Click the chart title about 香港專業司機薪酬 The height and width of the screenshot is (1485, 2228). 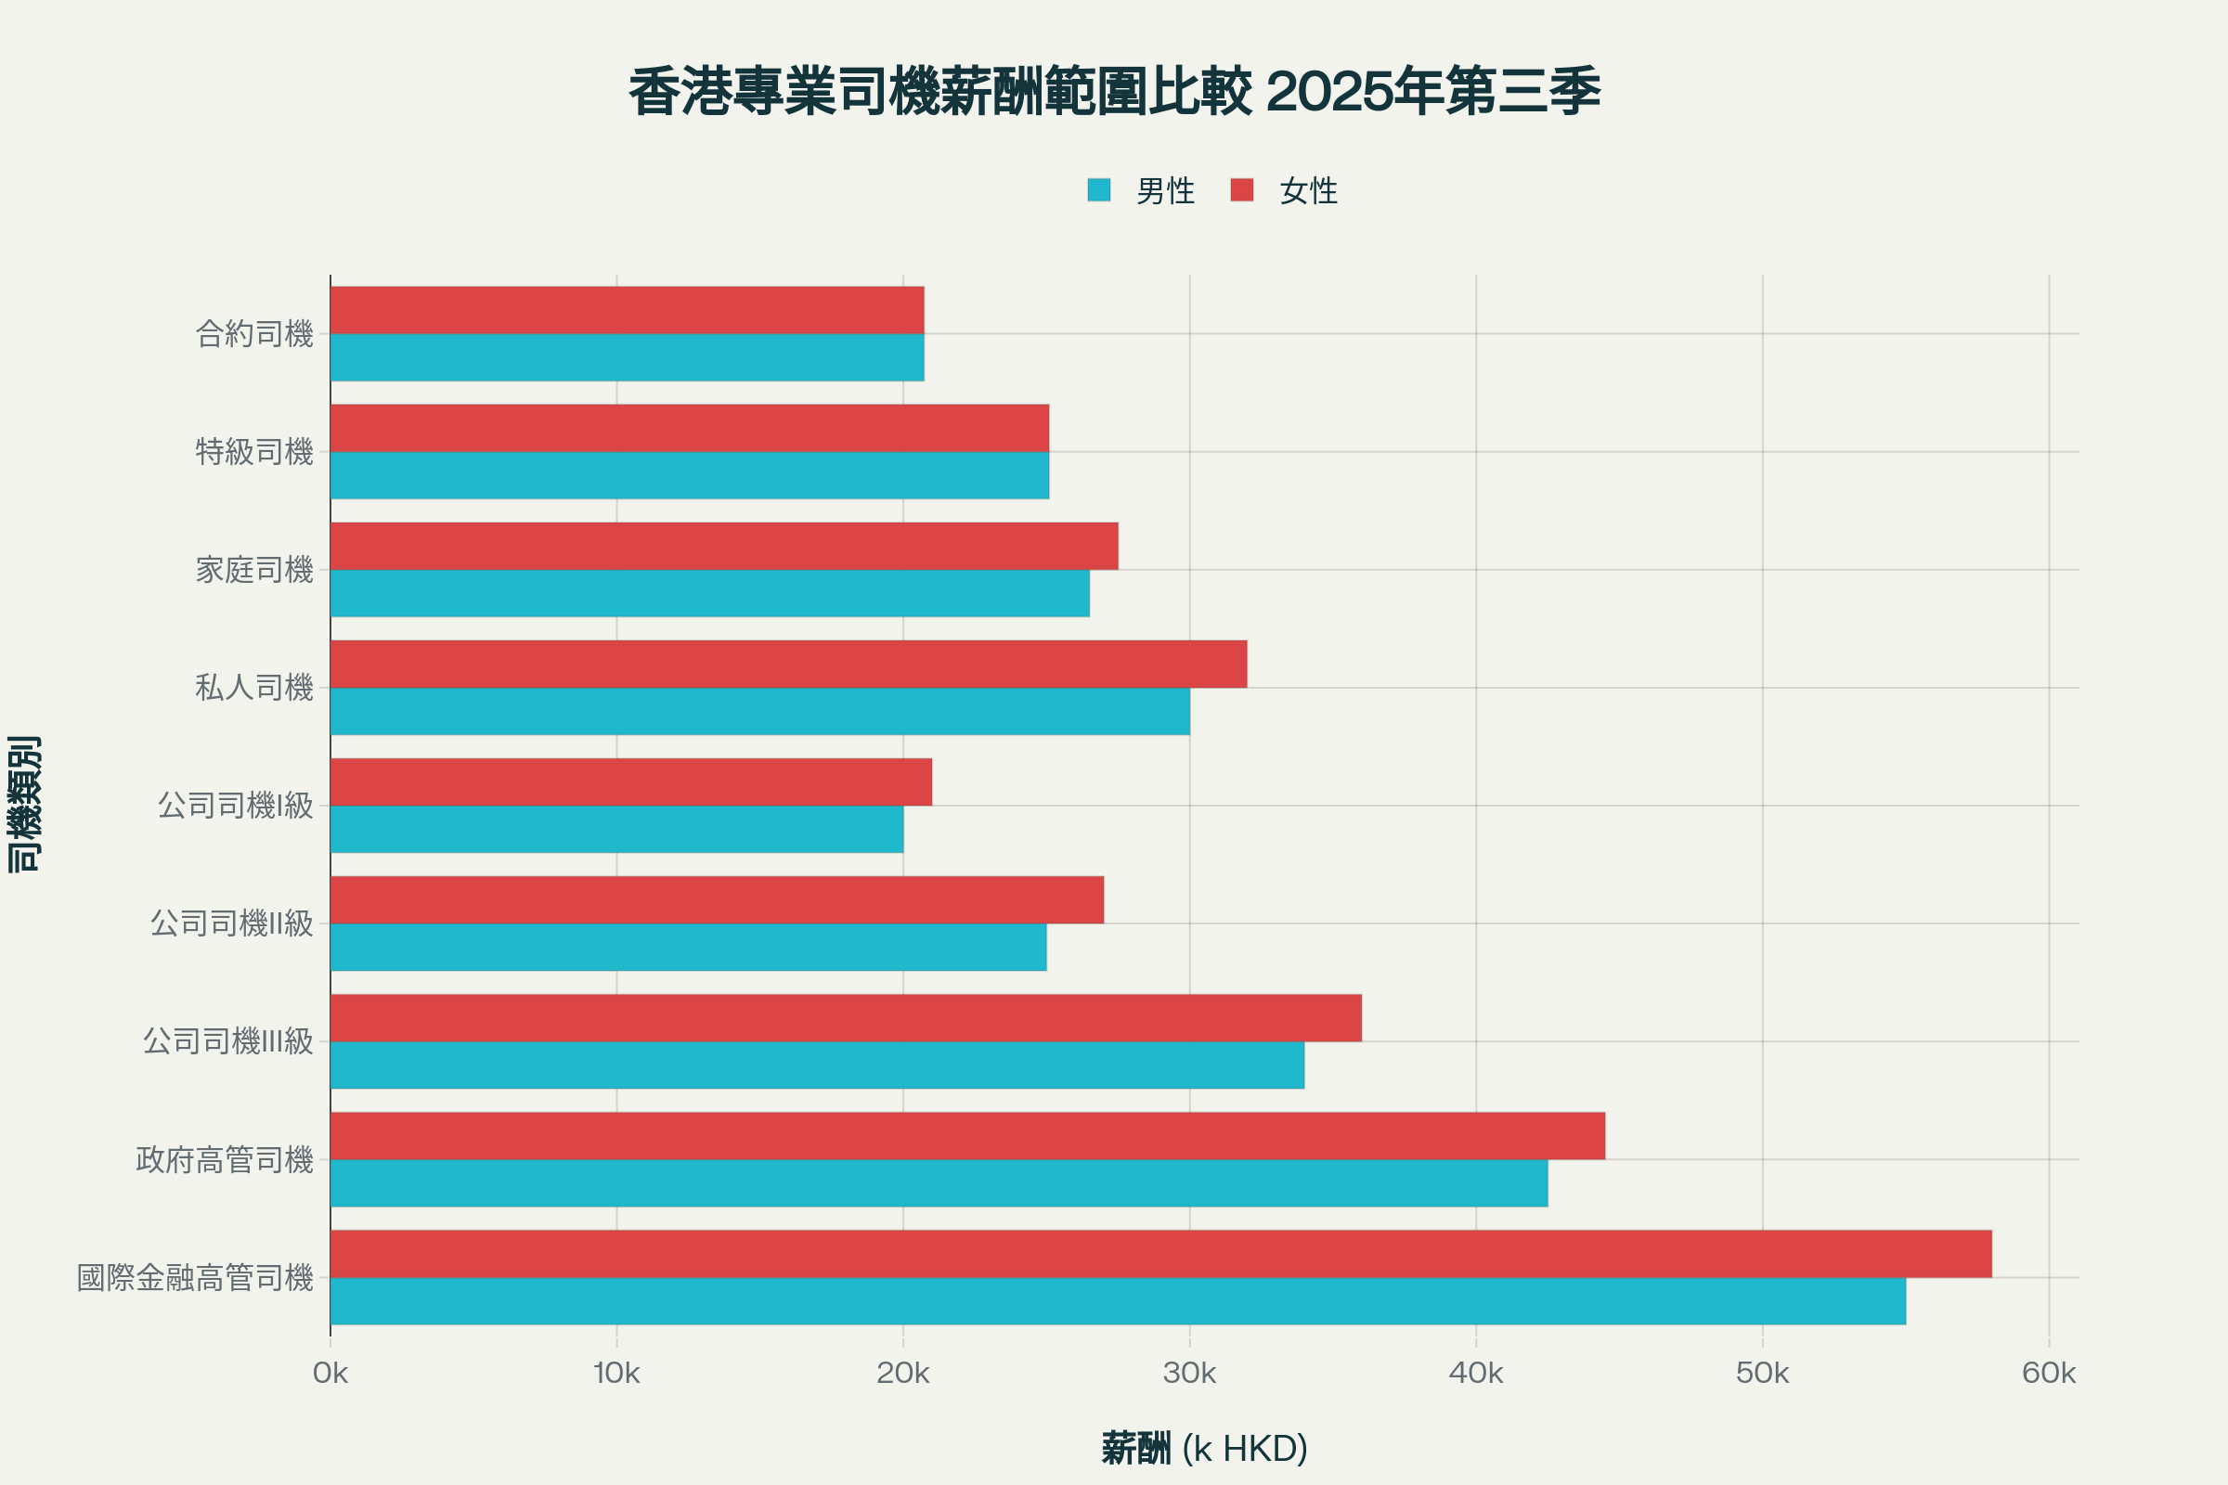click(1114, 93)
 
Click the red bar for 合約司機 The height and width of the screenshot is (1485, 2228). click(628, 310)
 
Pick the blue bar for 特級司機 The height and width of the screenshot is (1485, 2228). click(690, 475)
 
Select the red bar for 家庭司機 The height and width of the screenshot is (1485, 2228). click(724, 547)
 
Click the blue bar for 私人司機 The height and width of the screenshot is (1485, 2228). click(759, 711)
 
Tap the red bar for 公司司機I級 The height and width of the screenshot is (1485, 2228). click(631, 782)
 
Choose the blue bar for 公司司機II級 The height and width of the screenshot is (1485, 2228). click(689, 947)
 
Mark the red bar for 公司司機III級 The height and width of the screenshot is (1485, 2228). click(846, 1018)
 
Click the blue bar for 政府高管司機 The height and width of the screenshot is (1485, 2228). click(939, 1182)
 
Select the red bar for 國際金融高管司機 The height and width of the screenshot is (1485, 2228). click(1160, 1254)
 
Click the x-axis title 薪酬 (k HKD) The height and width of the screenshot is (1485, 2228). click(1204, 1448)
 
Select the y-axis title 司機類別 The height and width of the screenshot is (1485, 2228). click(25, 803)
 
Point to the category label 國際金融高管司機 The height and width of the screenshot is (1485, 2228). click(195, 1278)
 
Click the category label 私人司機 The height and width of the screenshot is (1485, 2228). click(253, 688)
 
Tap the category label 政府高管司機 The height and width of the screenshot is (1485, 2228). click(225, 1159)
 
